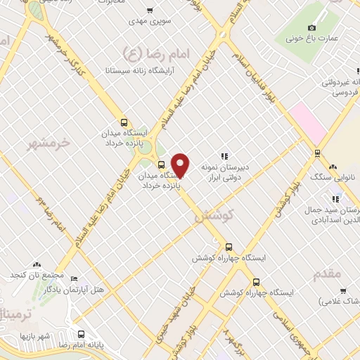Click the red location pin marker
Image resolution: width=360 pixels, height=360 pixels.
tap(181, 164)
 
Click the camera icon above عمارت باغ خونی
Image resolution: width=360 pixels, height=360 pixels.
tap(312, 27)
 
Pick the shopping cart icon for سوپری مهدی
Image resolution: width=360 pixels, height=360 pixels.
tap(149, 11)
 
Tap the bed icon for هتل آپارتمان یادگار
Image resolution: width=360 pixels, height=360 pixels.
tap(75, 278)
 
